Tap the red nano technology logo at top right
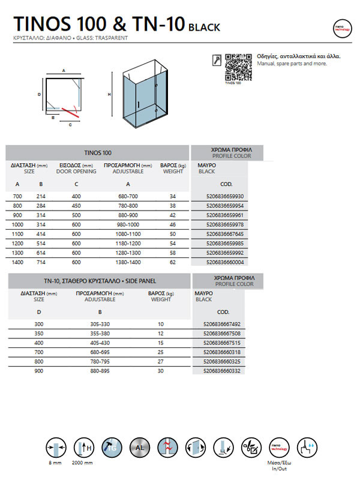coord(341,28)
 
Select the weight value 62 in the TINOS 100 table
coord(173,262)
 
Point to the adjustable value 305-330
coord(100,324)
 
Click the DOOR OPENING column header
coord(76,171)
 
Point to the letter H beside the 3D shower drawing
coord(109,94)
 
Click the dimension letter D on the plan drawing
coord(39,94)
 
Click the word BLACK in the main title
coord(205,27)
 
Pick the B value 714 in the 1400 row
coord(41,262)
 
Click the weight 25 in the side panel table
coord(161,352)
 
